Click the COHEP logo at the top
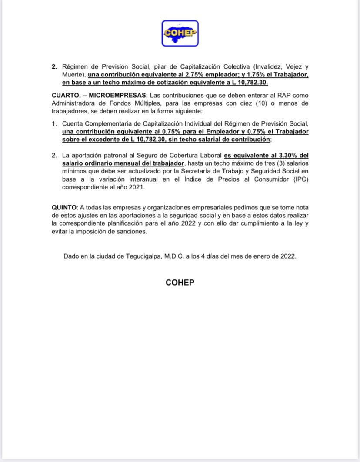[x=180, y=33]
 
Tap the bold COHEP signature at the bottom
[x=180, y=283]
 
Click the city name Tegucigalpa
[x=140, y=256]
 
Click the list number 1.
[x=54, y=124]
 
